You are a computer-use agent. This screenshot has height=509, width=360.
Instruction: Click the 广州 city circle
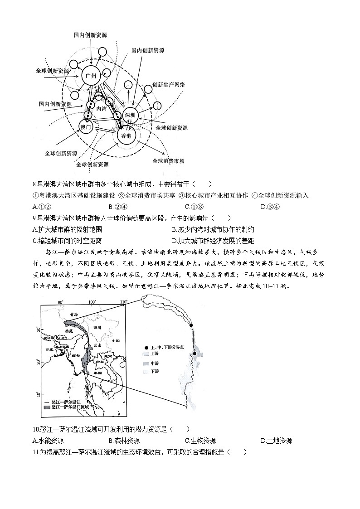[x=91, y=76]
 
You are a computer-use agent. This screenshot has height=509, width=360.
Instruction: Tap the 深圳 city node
[x=130, y=115]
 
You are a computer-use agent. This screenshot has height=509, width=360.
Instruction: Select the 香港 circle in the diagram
[x=126, y=136]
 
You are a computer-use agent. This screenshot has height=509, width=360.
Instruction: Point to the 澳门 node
[x=86, y=127]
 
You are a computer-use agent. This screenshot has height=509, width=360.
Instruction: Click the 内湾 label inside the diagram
[x=102, y=109]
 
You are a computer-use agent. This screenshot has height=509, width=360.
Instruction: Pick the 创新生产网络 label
[x=168, y=85]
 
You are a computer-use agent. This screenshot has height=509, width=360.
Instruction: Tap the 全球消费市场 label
[x=168, y=161]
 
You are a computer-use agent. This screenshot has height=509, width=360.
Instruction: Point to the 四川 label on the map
[x=97, y=327]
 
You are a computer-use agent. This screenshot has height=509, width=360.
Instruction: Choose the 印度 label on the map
[x=49, y=349]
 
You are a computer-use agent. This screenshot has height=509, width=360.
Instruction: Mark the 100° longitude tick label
[x=92, y=302]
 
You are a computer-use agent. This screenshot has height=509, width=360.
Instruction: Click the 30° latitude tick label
[x=38, y=330]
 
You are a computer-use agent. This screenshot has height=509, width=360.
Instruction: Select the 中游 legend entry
[x=151, y=364]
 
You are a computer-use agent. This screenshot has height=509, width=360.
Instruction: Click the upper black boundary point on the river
[x=191, y=325]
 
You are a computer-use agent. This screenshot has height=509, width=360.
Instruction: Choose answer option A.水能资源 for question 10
[x=48, y=441]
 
